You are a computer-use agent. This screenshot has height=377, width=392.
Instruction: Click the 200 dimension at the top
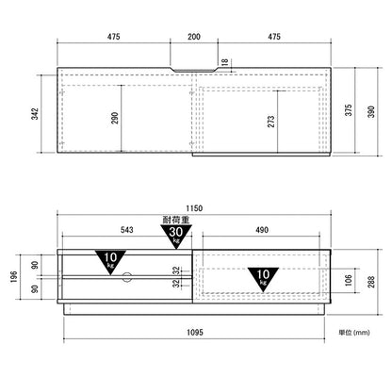click(194, 37)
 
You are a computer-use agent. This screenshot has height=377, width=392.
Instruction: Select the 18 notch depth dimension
click(225, 62)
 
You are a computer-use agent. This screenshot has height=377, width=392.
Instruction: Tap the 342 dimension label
click(35, 114)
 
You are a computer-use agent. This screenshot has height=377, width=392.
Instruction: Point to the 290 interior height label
click(115, 118)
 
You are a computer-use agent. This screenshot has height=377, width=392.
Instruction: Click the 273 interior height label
click(270, 122)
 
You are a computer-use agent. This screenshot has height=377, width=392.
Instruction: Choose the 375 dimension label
click(349, 110)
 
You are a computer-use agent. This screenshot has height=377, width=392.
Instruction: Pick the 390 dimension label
click(371, 112)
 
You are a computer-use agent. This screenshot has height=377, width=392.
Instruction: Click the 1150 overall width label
click(194, 208)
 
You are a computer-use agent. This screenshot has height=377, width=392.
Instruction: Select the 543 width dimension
click(126, 230)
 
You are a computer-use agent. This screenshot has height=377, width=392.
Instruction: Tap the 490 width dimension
click(262, 230)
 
